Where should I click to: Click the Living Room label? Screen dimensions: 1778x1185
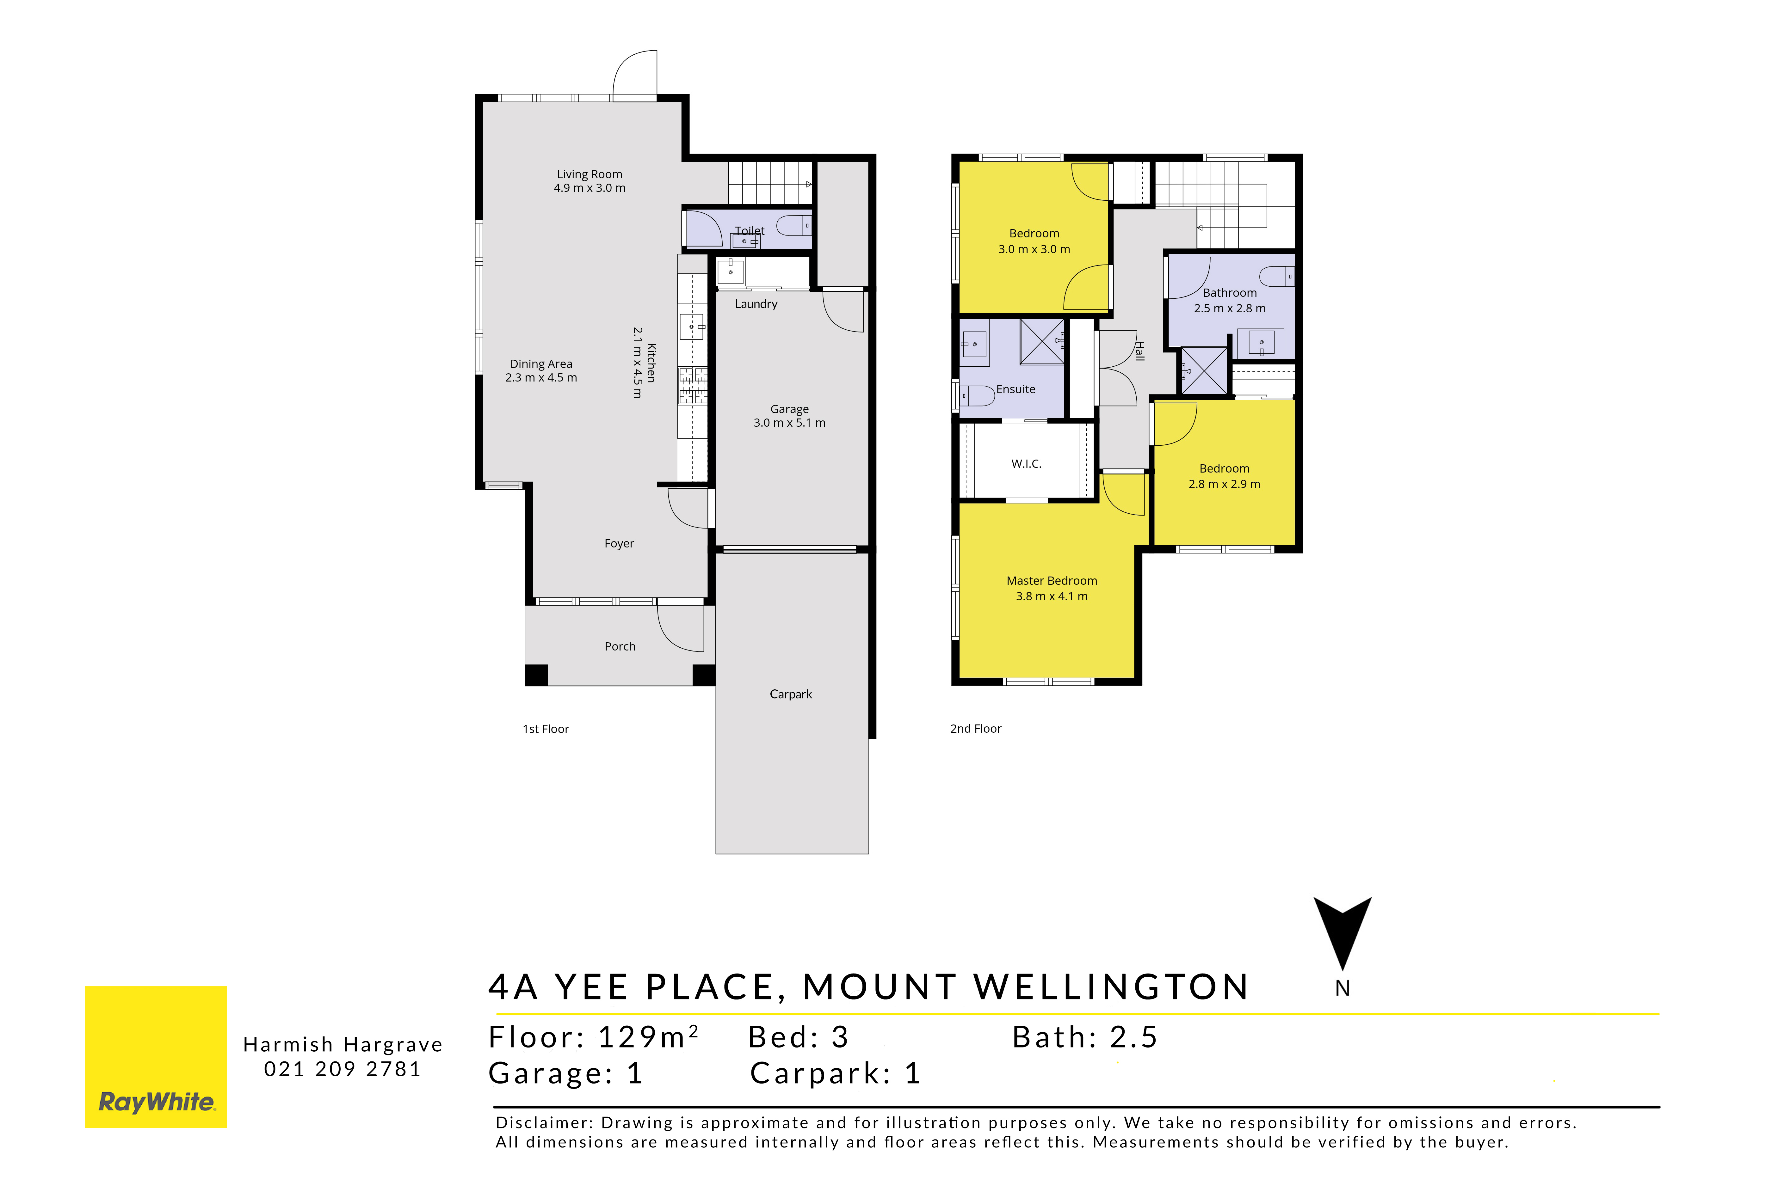(590, 174)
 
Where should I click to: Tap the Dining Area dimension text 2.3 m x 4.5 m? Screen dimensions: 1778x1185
(541, 378)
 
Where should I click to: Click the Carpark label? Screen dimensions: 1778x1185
(791, 694)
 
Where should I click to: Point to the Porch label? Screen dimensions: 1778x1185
(620, 646)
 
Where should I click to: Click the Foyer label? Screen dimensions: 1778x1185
(619, 543)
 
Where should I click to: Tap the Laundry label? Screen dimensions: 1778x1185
(756, 304)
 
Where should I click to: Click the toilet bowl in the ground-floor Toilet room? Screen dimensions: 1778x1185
(794, 225)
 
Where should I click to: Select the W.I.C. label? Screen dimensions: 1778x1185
(1027, 464)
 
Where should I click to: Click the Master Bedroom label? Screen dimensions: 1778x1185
(1052, 580)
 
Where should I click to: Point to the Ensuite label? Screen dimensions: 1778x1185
(1016, 389)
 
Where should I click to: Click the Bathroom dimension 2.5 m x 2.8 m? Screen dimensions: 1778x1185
(1230, 308)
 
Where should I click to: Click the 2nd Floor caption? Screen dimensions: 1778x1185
(976, 729)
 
